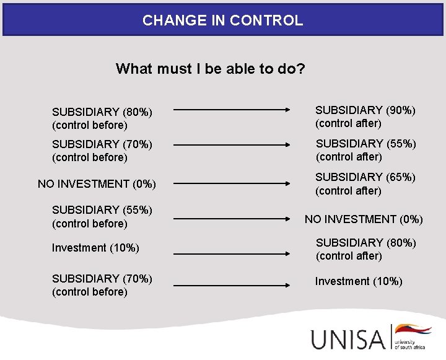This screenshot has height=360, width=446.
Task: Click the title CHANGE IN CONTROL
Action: (222, 20)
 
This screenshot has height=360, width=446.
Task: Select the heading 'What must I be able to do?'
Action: (210, 68)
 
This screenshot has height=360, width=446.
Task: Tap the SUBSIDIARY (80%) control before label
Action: (102, 118)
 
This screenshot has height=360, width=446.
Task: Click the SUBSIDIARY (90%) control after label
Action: (365, 116)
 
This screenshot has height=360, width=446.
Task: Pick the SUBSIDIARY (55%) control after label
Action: (365, 150)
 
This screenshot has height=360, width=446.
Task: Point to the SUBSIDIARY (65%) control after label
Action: (365, 183)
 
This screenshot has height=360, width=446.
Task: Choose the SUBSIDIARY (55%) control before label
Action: (102, 216)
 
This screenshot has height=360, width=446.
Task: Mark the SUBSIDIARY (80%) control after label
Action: (365, 249)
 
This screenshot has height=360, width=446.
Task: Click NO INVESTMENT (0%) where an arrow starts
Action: (97, 184)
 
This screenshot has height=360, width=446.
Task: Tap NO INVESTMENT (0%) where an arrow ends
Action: (364, 219)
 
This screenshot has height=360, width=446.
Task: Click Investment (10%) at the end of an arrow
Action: (359, 281)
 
